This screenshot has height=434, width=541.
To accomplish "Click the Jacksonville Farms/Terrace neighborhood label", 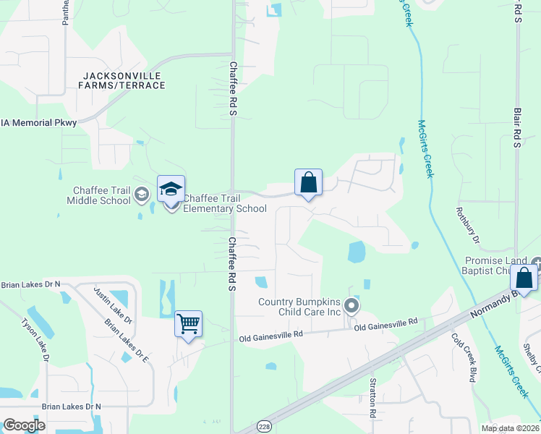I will (x=124, y=80).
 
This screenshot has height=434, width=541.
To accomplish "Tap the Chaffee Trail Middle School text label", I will (x=101, y=195).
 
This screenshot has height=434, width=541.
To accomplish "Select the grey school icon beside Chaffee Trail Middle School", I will (x=142, y=194).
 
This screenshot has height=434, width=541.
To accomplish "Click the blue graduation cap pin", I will (x=171, y=190).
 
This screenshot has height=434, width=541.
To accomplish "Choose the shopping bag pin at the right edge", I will (x=524, y=278).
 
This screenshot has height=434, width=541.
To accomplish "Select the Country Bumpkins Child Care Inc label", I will (x=299, y=307).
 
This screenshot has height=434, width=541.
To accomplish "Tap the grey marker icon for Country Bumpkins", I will (x=352, y=306).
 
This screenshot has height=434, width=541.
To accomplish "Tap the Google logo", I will (x=24, y=425).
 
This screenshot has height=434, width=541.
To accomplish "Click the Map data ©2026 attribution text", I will (x=509, y=428).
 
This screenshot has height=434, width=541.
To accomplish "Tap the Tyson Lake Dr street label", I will (x=35, y=340).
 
